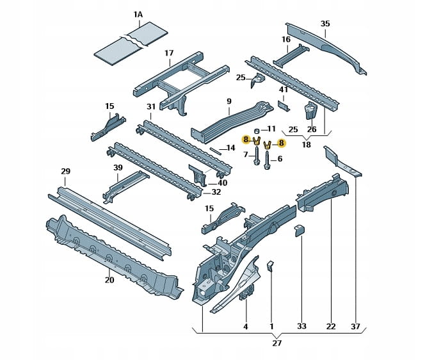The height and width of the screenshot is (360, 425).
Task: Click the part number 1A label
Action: click(x=139, y=15)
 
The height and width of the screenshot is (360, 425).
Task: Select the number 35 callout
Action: click(x=325, y=24)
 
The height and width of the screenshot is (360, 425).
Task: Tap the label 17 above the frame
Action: click(x=169, y=54)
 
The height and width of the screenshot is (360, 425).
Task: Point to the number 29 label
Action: click(x=65, y=171)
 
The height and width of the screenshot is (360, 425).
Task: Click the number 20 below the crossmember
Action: click(x=109, y=280)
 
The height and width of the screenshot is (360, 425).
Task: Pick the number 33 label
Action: click(x=302, y=327)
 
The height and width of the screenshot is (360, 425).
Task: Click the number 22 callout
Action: click(x=330, y=327)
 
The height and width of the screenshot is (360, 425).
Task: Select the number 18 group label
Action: click(x=306, y=145)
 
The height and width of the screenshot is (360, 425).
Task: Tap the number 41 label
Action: click(x=284, y=90)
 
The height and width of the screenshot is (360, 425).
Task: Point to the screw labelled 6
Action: click(x=266, y=160)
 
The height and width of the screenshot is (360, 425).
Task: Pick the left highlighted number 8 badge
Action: click(x=245, y=140)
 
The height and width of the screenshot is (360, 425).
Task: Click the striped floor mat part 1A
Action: click(x=132, y=43)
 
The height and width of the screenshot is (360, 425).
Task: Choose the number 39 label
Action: click(x=118, y=168)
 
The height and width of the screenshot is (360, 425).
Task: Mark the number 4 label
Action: click(x=245, y=327)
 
